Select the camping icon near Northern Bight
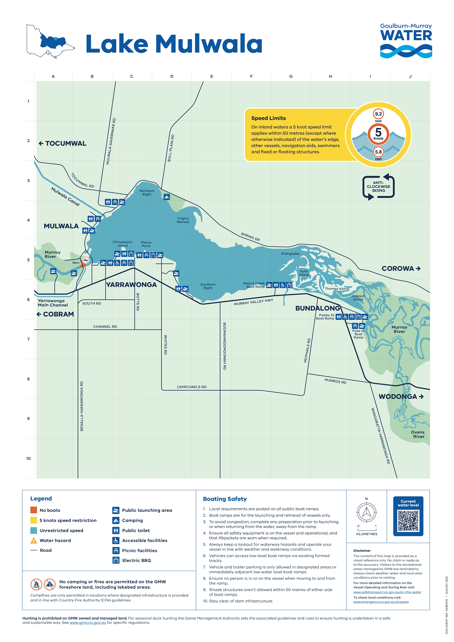(x=167, y=197)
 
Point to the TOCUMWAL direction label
(x=63, y=143)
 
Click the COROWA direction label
(x=401, y=268)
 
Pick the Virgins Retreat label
(x=183, y=220)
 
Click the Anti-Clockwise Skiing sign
(x=379, y=187)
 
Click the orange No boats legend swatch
(x=34, y=510)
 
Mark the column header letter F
(x=251, y=76)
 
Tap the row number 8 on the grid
(x=28, y=379)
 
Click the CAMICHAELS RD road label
(x=192, y=387)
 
